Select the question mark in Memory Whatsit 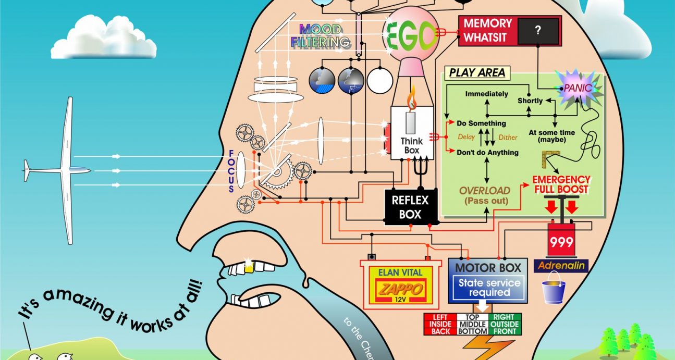pos(537,31)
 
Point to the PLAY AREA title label pos(477,73)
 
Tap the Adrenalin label pos(562,266)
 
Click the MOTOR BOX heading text pos(488,268)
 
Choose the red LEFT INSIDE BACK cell pos(440,324)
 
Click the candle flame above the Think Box pos(412,99)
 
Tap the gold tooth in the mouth pos(248,267)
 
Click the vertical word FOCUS pos(231,172)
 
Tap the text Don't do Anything pos(487,153)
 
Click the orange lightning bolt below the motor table pos(482,347)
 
